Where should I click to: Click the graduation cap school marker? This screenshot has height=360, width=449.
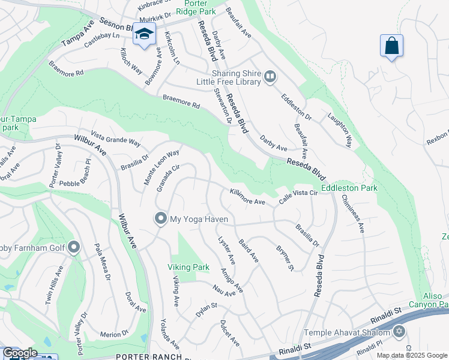[144, 35]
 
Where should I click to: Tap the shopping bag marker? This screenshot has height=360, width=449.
[391, 46]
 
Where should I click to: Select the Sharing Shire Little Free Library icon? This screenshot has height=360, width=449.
[270, 76]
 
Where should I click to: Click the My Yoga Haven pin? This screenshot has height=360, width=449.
[160, 218]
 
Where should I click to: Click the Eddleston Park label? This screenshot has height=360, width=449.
[349, 188]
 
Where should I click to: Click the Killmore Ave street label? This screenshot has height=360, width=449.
[247, 197]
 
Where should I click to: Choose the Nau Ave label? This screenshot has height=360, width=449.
[224, 292]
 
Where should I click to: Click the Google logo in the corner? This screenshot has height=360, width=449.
[20, 353]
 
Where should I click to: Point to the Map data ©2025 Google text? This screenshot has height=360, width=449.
[412, 355]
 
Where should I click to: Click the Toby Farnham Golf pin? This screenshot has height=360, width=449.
[74, 247]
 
